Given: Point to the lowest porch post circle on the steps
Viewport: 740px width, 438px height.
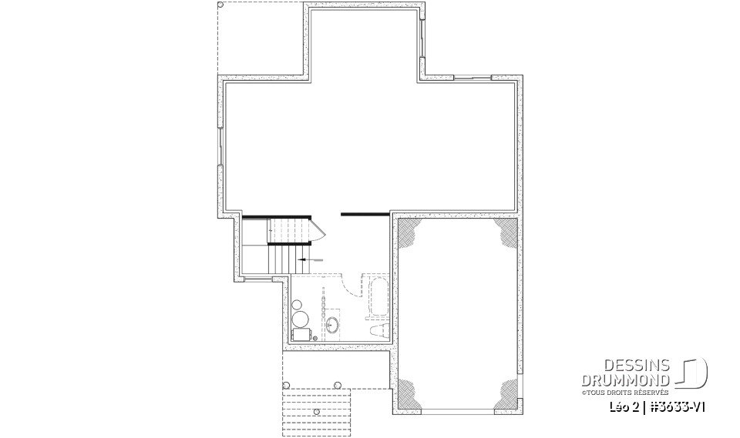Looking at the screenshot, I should (x=317, y=413).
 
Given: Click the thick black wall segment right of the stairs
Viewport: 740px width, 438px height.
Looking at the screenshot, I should (x=365, y=213).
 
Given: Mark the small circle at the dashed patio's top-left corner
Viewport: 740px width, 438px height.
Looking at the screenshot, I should (x=222, y=6).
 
